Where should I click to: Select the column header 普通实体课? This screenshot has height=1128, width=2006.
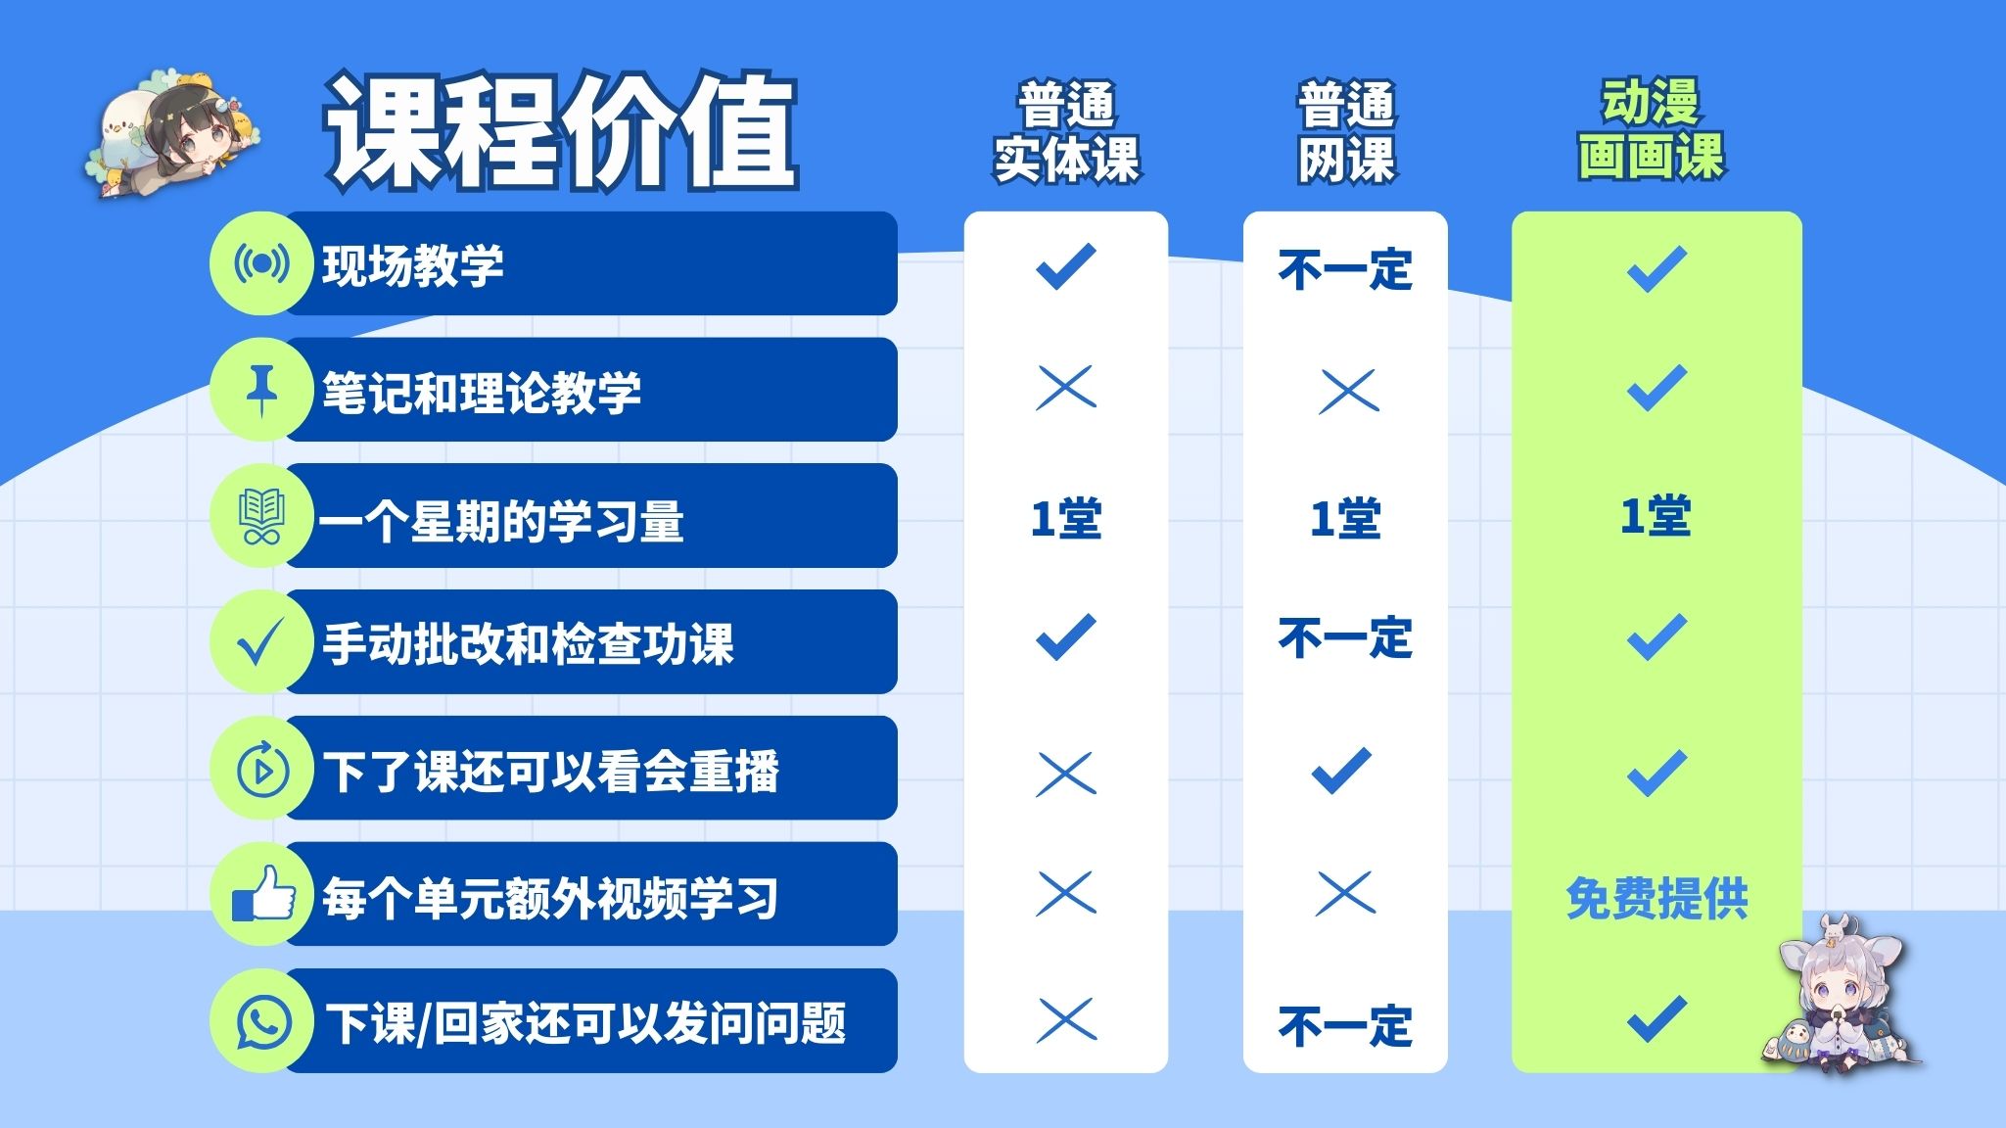[1066, 132]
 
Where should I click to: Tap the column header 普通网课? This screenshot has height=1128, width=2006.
[1346, 132]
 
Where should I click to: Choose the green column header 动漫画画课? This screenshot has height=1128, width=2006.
[1652, 129]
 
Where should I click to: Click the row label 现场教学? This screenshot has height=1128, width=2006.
[413, 265]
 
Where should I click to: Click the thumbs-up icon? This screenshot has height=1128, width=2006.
[263, 893]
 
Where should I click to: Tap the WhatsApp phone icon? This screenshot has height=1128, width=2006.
[263, 1021]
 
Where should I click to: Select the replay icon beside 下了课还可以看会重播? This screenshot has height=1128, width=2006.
[262, 770]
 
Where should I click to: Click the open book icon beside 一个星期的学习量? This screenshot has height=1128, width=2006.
[261, 516]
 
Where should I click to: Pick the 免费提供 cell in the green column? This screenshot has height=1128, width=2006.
[1656, 898]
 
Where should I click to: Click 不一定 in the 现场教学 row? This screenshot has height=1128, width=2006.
[1345, 269]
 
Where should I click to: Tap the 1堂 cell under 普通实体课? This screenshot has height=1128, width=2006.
[1066, 518]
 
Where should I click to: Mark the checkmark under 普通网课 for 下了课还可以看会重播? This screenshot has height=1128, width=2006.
[1342, 770]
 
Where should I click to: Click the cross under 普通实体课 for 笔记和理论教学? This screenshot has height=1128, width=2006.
[1066, 389]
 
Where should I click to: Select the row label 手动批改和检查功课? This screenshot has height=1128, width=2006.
[528, 644]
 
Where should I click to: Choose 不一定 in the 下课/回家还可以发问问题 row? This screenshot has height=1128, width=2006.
[1345, 1026]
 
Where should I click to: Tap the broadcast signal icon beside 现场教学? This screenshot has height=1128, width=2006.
[261, 263]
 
